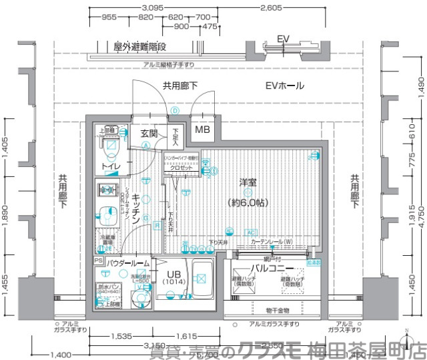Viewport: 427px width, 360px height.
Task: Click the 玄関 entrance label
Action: click(x=149, y=134)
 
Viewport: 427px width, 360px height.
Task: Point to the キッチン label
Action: click(x=135, y=208)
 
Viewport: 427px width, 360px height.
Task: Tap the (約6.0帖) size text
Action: click(x=248, y=202)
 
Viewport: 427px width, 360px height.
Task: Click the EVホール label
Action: click(x=284, y=86)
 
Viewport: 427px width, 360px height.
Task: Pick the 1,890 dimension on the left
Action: click(x=5, y=218)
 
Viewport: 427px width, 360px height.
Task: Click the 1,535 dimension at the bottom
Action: click(x=121, y=337)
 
